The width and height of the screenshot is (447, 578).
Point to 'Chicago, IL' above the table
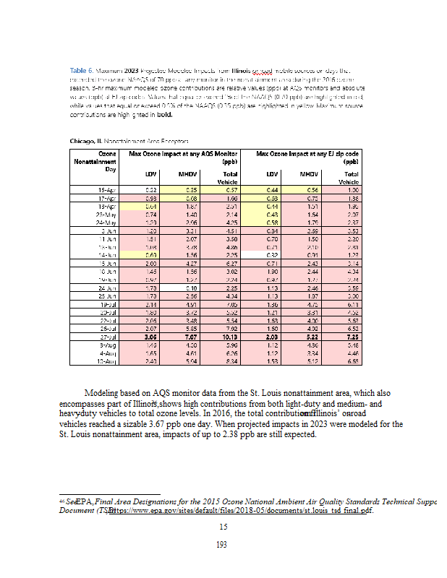(x=90, y=139)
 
